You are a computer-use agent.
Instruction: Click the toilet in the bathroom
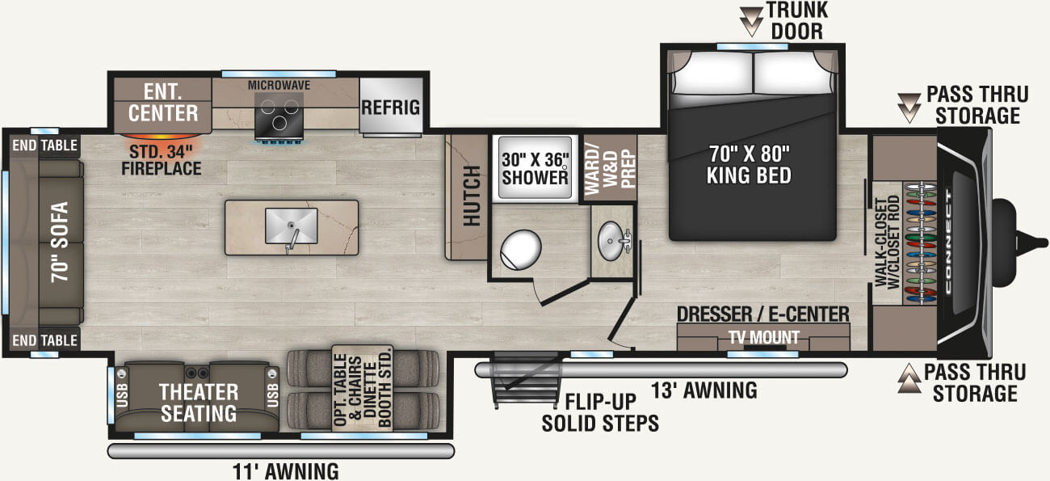520,249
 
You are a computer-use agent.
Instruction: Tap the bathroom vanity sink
611,241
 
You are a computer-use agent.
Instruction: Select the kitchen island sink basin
291,226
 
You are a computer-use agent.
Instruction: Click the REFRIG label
390,108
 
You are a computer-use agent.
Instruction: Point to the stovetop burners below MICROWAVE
279,115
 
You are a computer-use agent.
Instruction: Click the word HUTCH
472,196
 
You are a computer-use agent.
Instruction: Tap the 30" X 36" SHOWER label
535,169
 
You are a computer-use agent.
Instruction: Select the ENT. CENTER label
163,103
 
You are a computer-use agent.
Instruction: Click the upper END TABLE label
44,146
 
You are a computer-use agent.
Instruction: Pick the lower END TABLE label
44,340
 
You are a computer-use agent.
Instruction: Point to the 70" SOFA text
60,242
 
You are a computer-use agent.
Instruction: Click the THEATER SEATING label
199,403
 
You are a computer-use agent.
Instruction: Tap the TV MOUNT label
764,337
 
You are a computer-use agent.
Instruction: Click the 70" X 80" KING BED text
749,165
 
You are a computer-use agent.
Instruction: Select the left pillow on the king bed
712,73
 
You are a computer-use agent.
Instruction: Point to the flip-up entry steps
525,380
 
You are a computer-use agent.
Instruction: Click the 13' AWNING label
704,390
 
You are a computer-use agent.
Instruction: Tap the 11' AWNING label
285,471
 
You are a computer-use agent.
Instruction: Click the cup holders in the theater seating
197,373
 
